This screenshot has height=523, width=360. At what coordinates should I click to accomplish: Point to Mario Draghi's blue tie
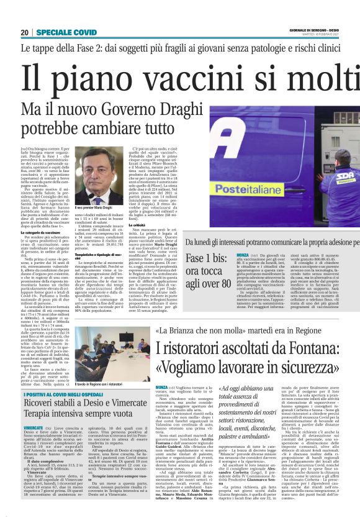coord(102,197)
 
